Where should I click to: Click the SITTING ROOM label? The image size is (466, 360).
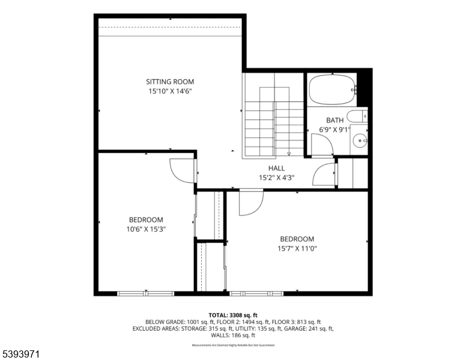[x=170, y=82]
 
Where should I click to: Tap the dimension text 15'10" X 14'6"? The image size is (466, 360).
[x=170, y=92]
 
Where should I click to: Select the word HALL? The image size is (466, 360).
[x=276, y=168]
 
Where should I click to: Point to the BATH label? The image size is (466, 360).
[x=334, y=120]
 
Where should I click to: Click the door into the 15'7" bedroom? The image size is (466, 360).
[x=250, y=202]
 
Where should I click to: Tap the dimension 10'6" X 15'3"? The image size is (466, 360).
[x=146, y=229]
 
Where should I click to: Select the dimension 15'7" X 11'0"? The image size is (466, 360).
[x=297, y=248]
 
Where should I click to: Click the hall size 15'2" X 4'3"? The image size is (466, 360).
[x=276, y=178]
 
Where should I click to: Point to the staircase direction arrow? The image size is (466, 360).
[x=288, y=151]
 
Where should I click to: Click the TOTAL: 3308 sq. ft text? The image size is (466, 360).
[x=233, y=315]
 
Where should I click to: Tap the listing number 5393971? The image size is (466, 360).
[x=22, y=355]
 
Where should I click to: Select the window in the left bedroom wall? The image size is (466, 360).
[x=145, y=293]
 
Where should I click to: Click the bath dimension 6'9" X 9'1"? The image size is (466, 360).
[x=334, y=130]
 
